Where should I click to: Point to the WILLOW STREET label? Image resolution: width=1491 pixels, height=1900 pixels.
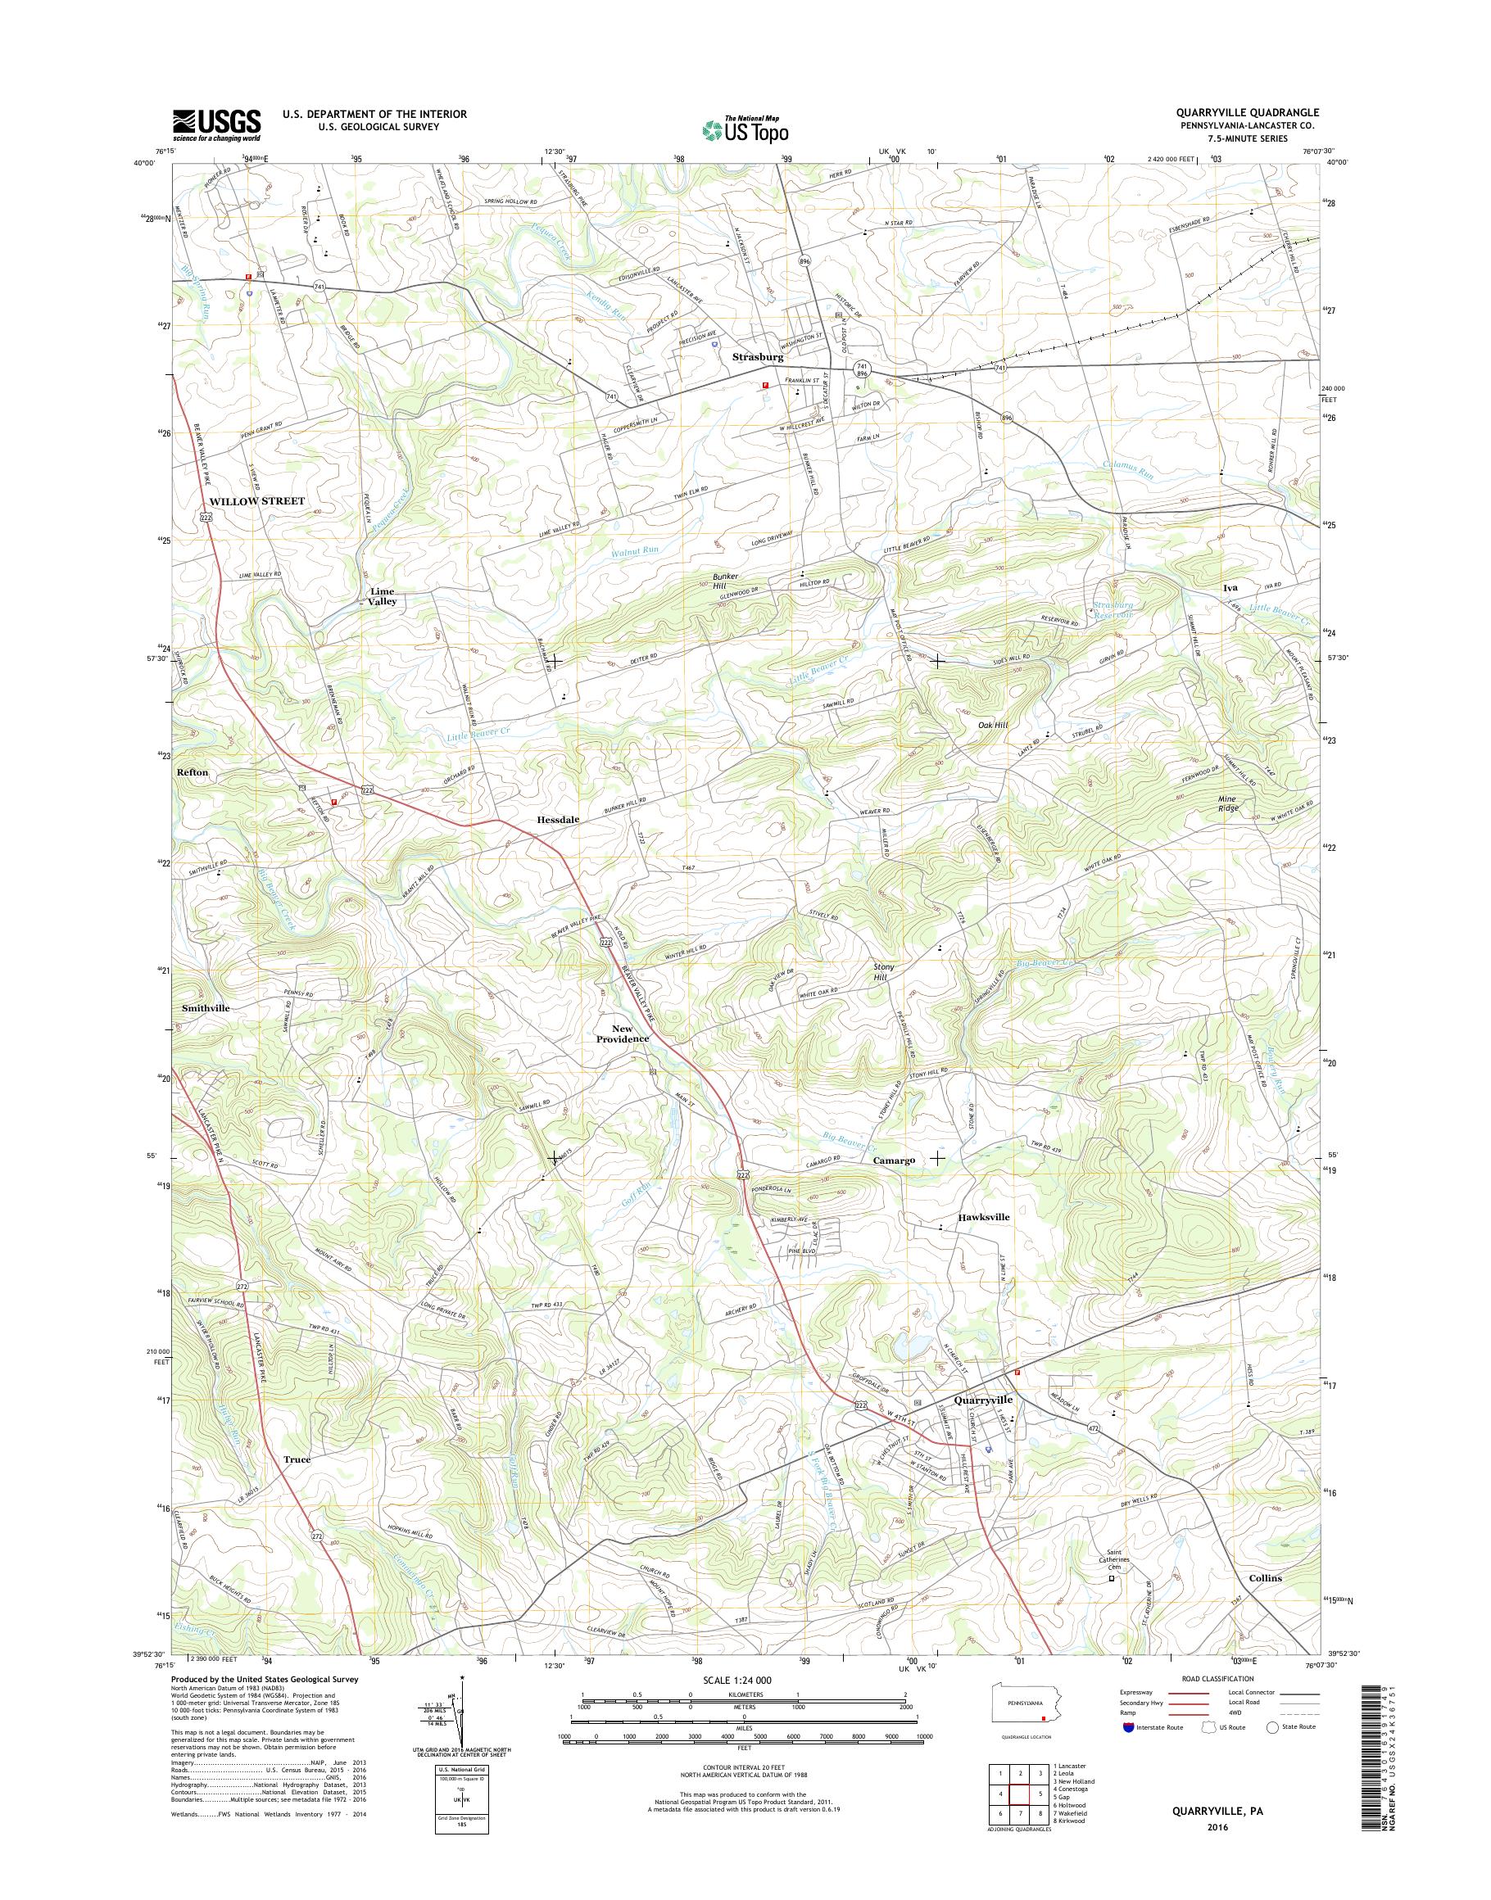tap(257, 501)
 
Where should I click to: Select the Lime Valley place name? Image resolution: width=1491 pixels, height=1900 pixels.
tap(382, 596)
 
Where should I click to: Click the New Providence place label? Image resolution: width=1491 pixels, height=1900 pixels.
tap(623, 1034)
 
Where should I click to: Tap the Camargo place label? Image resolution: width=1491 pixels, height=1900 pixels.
tap(894, 1160)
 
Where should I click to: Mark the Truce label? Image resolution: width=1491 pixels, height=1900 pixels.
tap(297, 1459)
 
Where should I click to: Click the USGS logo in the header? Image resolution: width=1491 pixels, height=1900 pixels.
tap(216, 123)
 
